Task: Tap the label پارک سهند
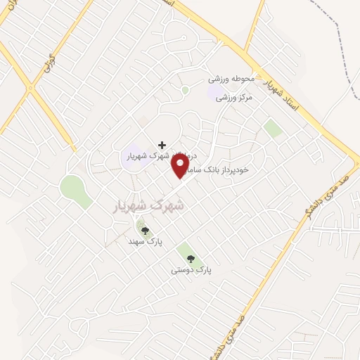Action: point(145,241)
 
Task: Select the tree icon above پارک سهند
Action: point(146,230)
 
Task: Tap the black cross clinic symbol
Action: point(162,144)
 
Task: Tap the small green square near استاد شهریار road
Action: point(271,128)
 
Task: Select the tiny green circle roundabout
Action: point(185,90)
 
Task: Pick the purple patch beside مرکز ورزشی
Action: point(214,93)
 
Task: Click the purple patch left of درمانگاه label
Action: point(131,155)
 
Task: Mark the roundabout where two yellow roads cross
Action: point(30,89)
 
